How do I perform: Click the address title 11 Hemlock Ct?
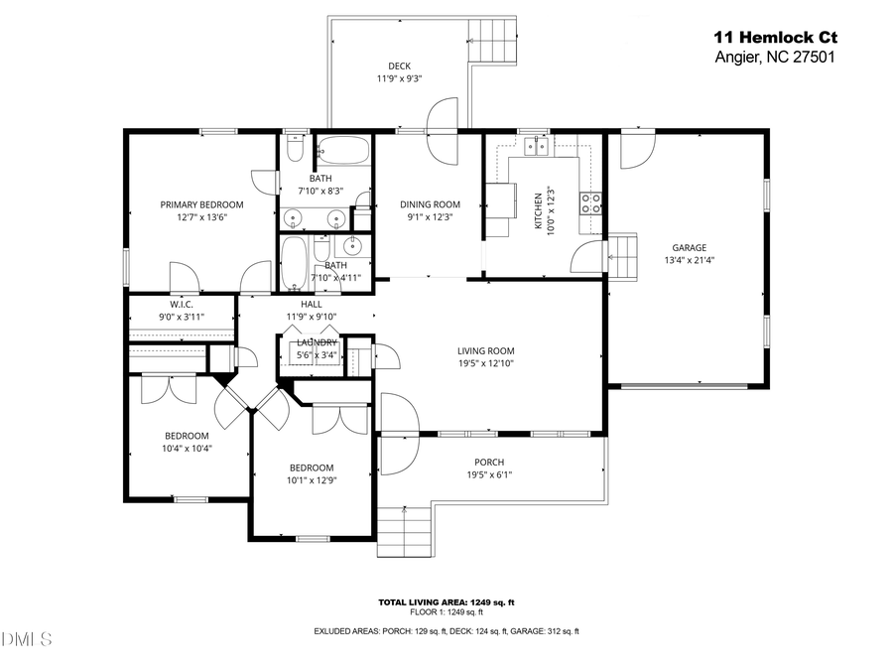click(775, 37)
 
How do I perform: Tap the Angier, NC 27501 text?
click(775, 57)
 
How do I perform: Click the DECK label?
click(400, 66)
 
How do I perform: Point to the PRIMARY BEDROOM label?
click(201, 204)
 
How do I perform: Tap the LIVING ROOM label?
click(485, 350)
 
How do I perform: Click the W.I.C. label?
click(181, 305)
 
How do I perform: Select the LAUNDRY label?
click(317, 342)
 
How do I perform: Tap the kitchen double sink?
click(537, 148)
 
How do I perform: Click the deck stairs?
click(496, 43)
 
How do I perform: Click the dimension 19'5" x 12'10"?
click(485, 363)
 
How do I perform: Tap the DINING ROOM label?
click(431, 204)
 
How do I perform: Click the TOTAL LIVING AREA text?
click(446, 603)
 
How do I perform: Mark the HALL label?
click(312, 305)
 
